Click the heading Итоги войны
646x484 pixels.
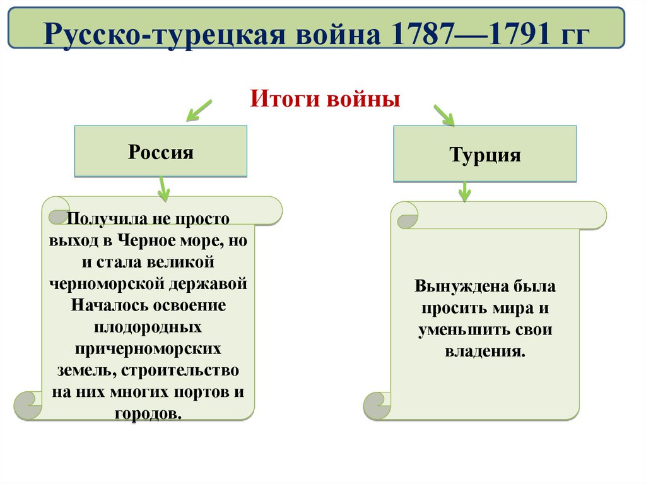[326, 99]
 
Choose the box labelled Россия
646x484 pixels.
[161, 151]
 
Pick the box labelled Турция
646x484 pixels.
[484, 155]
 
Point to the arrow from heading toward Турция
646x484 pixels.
[443, 115]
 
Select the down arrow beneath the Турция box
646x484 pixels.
[465, 192]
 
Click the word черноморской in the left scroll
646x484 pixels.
[107, 283]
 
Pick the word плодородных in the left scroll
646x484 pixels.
[148, 327]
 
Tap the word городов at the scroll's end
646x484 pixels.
[147, 414]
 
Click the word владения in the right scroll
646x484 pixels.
[484, 351]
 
